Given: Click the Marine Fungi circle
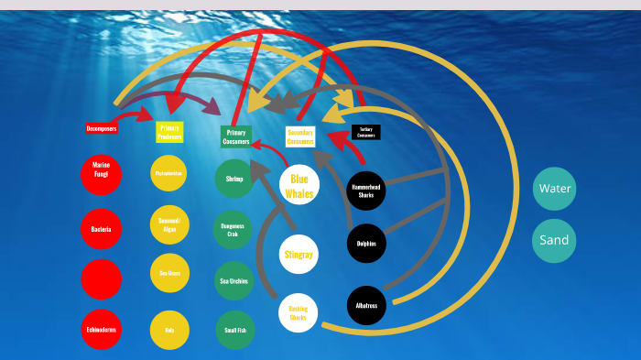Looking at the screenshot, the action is tap(101, 174).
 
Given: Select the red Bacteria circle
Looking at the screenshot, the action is tap(101, 229).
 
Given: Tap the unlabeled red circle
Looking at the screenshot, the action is tap(101, 278).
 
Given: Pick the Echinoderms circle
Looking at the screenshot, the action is tap(101, 330).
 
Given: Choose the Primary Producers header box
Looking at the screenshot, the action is tap(169, 132).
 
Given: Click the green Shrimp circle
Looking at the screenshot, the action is tap(234, 179).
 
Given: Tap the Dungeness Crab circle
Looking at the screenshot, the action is tap(234, 229).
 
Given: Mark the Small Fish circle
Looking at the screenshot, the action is tap(234, 330).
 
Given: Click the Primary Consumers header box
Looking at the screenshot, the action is tap(235, 136).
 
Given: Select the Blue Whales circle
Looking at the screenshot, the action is tap(299, 186).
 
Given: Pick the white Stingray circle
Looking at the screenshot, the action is tap(299, 252).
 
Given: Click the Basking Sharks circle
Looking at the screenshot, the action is tap(299, 312).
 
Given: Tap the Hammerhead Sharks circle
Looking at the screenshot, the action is tap(367, 191).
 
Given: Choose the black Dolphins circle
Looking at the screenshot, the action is tap(367, 244).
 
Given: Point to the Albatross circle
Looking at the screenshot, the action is tap(367, 305).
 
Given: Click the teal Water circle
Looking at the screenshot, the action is tap(554, 189).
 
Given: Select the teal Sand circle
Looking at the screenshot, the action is tap(554, 240).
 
